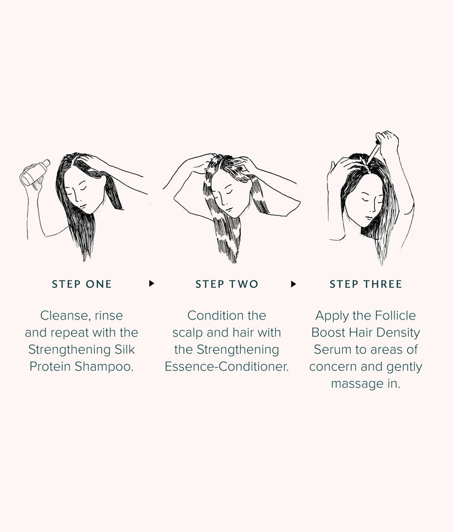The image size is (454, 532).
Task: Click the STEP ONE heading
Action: (82, 284)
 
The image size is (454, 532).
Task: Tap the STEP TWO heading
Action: (226, 284)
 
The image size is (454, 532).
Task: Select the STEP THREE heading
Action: (365, 284)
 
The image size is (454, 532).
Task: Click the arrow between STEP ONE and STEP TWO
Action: (152, 284)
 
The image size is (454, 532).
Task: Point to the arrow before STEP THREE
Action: (293, 284)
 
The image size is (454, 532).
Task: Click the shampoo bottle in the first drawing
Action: (35, 173)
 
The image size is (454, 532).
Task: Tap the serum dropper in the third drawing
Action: (373, 151)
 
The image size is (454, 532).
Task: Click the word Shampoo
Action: (104, 367)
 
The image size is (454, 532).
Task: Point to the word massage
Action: (357, 384)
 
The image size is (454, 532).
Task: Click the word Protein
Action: (50, 367)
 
